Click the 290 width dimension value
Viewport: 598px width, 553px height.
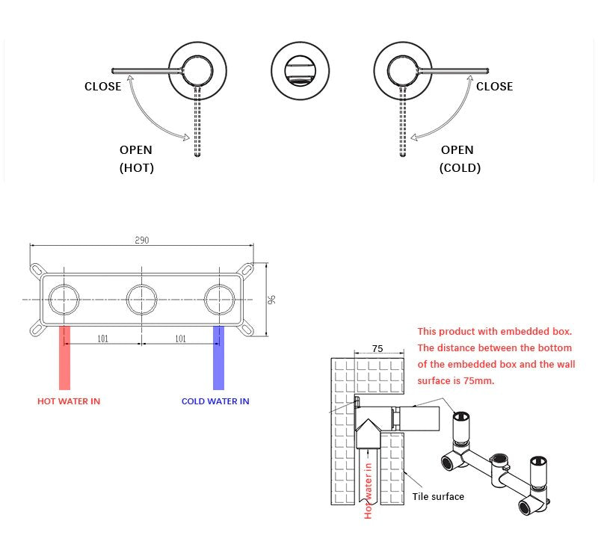142,241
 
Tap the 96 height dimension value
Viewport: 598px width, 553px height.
272,299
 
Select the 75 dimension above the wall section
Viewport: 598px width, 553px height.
377,348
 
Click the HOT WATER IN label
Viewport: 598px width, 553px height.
69,401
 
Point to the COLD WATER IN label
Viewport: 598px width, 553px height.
215,401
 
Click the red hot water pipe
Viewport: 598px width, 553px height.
64,359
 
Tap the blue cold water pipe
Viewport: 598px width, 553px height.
218,359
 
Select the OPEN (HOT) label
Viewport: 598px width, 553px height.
136,159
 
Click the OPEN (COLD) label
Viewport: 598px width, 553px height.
459,159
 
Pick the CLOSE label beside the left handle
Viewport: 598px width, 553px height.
102,87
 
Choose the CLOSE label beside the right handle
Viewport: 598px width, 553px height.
494,87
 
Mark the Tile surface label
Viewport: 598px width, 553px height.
438,497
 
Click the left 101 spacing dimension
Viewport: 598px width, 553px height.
102,339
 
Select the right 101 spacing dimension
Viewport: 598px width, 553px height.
180,339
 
